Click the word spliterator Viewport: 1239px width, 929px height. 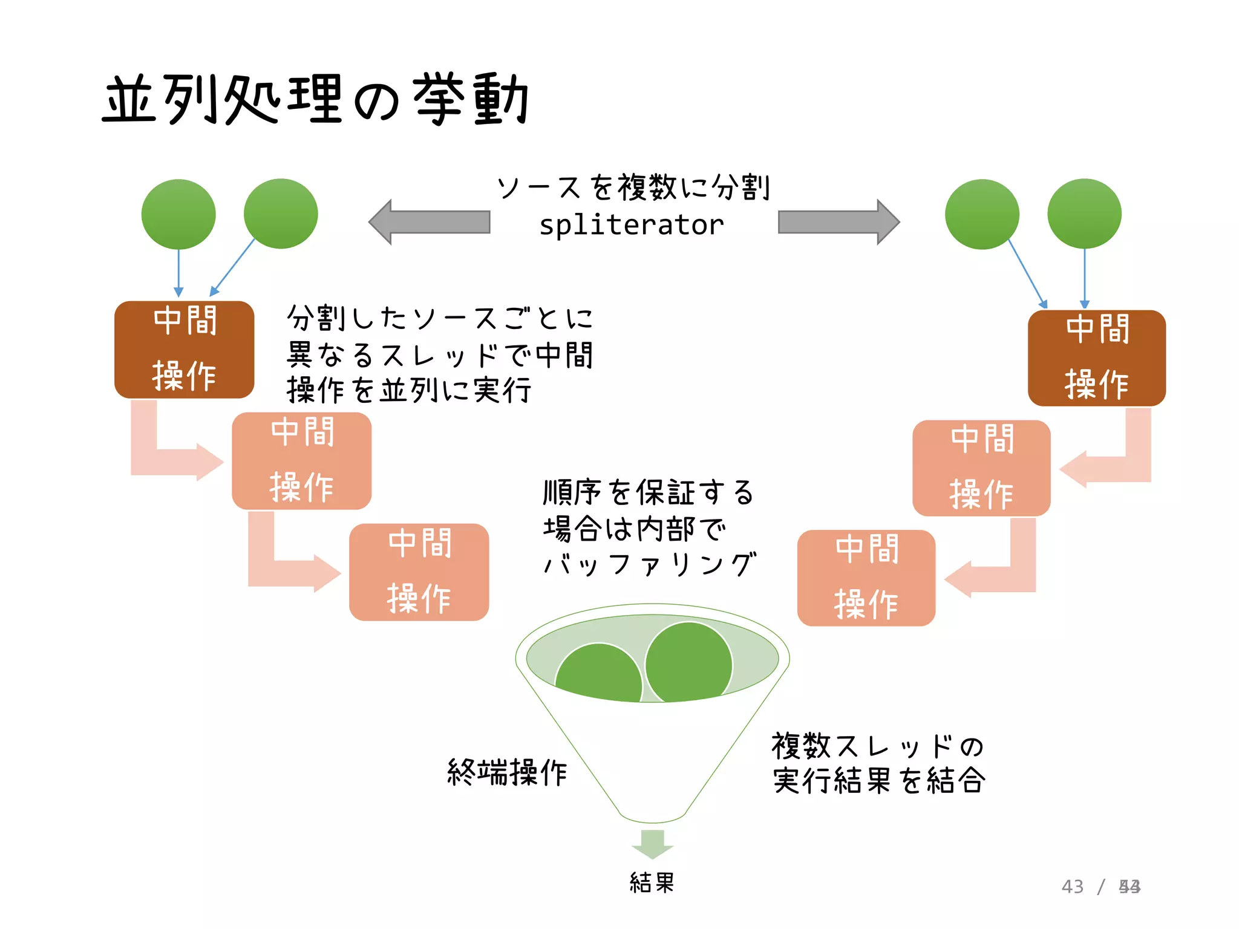[631, 225]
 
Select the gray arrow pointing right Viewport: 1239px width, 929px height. [839, 222]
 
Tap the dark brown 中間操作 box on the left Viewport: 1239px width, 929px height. [184, 350]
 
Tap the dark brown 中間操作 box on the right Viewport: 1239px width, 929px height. [1096, 358]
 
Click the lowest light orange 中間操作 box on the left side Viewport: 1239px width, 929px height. [419, 572]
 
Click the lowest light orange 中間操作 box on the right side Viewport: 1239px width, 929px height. [866, 578]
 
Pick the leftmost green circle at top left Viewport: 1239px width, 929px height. [178, 214]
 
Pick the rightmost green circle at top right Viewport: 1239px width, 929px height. [1084, 214]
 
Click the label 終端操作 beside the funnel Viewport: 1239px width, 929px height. [507, 772]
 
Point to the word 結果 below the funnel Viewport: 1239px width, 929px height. [652, 882]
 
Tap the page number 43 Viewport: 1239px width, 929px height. [1072, 887]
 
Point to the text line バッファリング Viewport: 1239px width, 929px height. [649, 565]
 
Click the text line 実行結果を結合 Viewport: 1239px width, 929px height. [878, 781]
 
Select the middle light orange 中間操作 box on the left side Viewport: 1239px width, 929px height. [301, 461]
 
